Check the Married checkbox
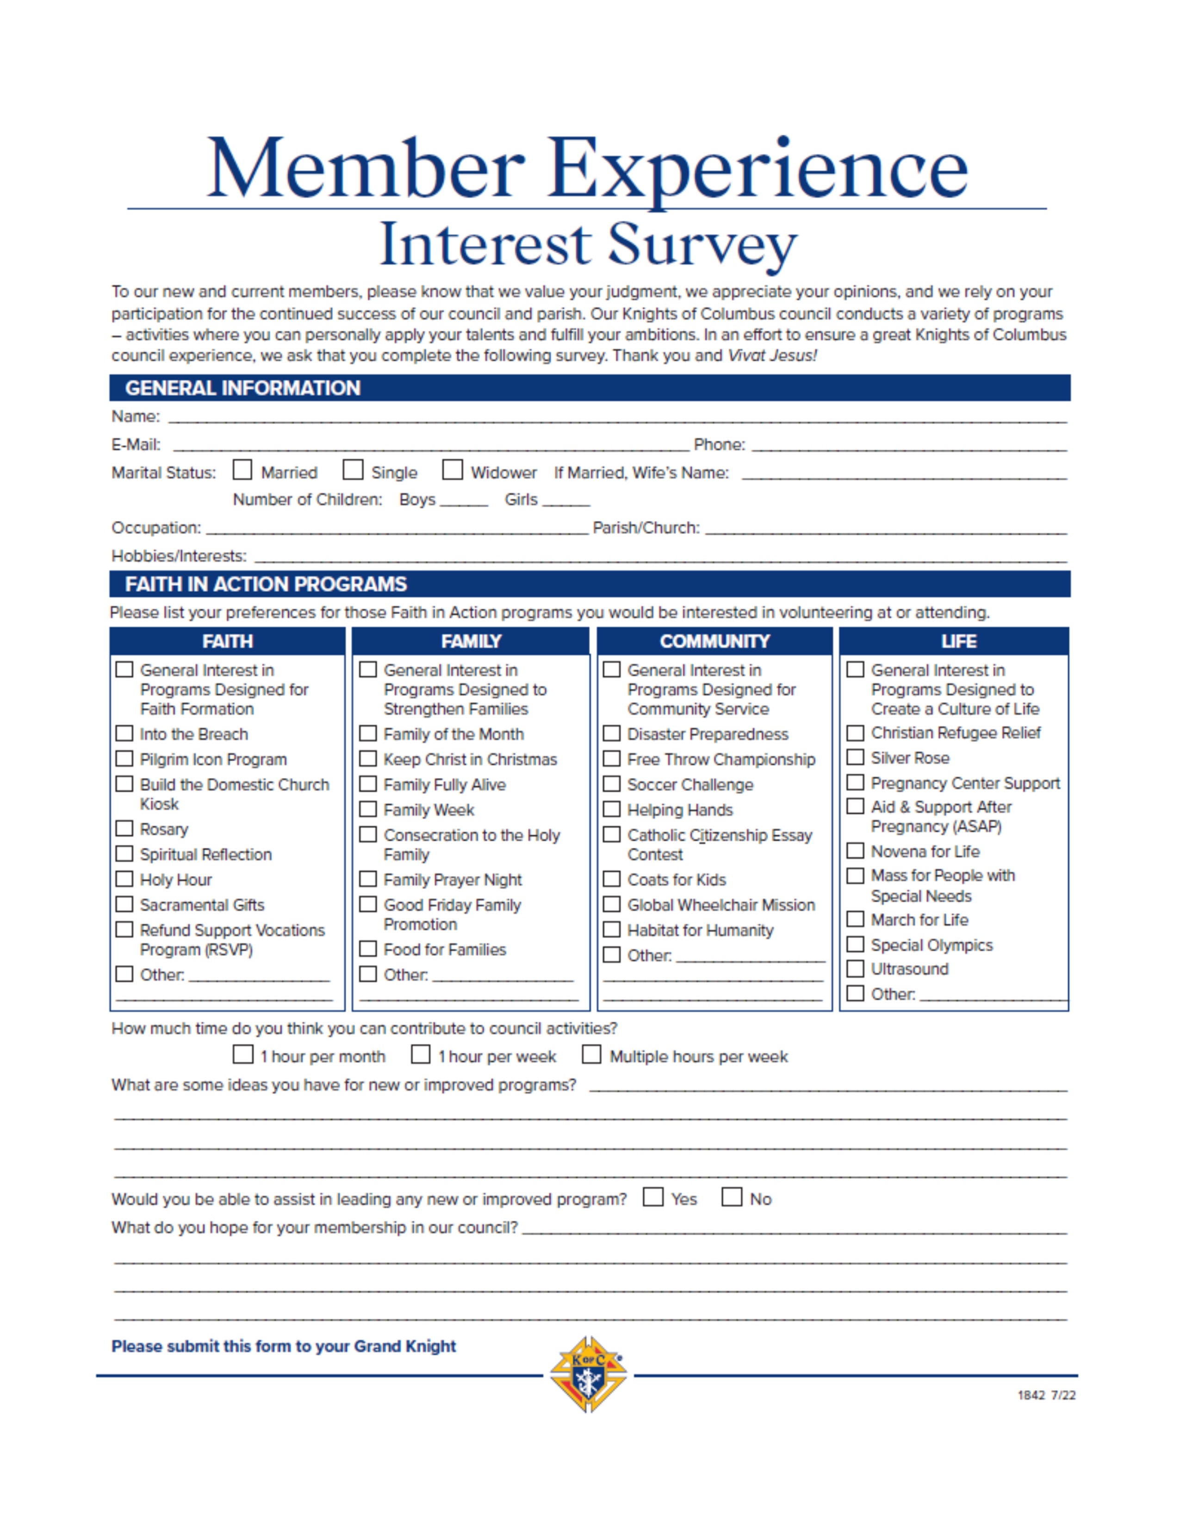[242, 470]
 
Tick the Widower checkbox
[452, 470]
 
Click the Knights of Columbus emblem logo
[588, 1374]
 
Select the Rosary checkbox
[124, 829]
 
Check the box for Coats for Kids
[612, 879]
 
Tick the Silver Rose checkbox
[855, 757]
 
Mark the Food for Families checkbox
[368, 949]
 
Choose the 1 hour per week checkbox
[420, 1055]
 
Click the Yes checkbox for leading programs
[653, 1197]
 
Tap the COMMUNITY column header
[714, 641]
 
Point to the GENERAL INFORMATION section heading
[242, 388]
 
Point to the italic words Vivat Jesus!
[772, 355]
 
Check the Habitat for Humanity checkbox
[612, 929]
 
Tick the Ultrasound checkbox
[855, 968]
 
